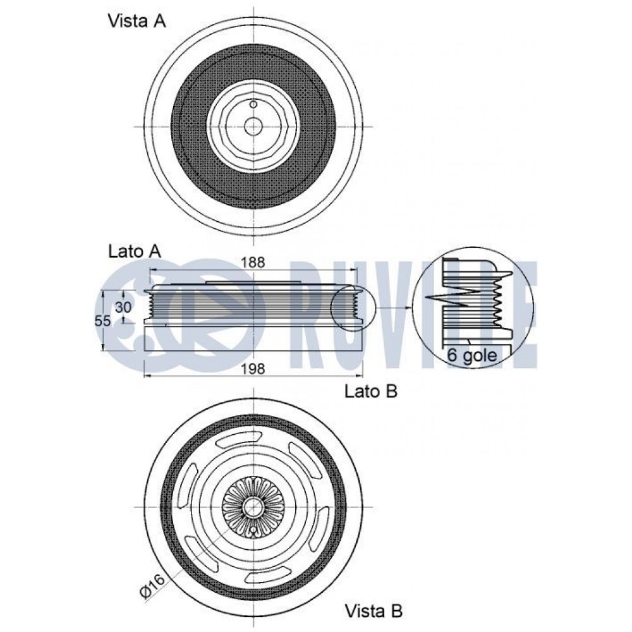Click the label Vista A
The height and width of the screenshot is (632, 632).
[137, 21]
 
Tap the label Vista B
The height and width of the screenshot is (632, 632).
[373, 611]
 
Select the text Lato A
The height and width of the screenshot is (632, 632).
[134, 250]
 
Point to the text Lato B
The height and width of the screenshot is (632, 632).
[371, 391]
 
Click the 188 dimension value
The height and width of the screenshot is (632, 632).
[253, 261]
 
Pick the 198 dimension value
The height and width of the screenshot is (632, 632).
[253, 368]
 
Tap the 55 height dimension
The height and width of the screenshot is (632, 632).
[102, 320]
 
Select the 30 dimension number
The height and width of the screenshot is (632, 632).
[123, 307]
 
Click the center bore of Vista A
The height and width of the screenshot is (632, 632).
[253, 125]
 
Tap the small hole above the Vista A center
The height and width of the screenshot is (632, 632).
[253, 104]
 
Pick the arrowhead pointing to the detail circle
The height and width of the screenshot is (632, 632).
[407, 308]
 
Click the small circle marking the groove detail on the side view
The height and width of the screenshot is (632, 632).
[353, 308]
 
